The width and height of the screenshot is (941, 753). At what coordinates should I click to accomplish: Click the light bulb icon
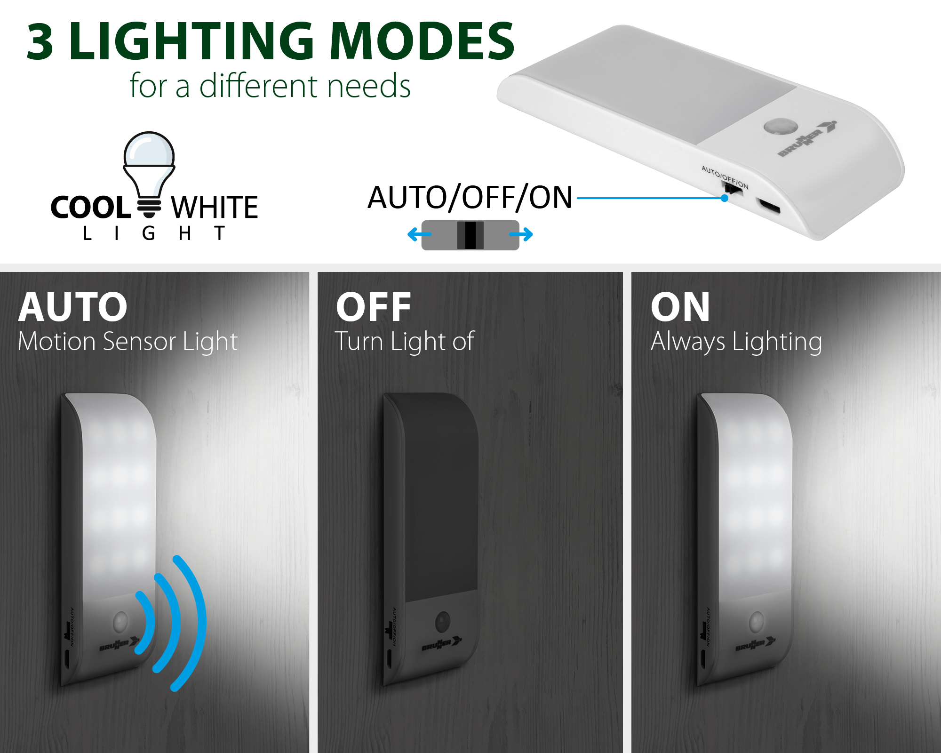tap(149, 174)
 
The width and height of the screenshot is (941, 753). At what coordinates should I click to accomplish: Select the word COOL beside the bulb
tap(90, 208)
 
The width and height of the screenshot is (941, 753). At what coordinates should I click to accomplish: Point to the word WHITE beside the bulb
tap(215, 208)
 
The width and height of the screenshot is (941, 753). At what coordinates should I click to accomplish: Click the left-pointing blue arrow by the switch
tap(419, 234)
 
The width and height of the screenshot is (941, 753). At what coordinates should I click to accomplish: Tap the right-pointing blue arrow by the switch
tap(521, 234)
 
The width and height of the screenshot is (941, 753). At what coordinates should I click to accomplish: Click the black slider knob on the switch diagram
tap(470, 235)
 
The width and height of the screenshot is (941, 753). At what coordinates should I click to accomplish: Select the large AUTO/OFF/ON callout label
tap(470, 197)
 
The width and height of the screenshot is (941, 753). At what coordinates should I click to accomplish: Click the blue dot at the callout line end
tap(725, 198)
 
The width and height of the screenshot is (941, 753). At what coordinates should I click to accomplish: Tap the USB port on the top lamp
tap(768, 207)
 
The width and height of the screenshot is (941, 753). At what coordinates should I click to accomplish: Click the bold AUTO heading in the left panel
tap(73, 307)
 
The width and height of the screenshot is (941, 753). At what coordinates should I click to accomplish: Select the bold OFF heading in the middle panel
tap(374, 307)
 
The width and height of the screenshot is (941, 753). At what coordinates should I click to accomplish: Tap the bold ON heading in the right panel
tap(680, 307)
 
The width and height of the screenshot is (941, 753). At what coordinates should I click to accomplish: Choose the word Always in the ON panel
tap(688, 342)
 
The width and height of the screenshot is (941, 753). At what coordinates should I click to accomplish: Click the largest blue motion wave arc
tap(196, 623)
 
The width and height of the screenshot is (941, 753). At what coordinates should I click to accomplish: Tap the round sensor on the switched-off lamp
tap(443, 622)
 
